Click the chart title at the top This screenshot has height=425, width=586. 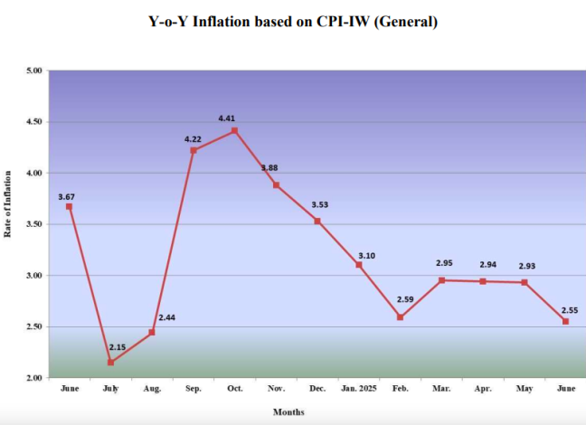(293, 22)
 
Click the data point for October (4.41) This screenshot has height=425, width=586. (235, 130)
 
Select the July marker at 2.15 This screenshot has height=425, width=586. (111, 362)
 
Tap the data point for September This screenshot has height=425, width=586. (194, 150)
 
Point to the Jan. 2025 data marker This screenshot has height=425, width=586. (359, 265)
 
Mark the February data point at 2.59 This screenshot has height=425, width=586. (400, 316)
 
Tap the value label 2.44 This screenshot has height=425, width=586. (168, 317)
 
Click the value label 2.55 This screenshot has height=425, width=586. (570, 310)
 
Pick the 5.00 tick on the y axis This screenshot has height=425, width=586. (34, 71)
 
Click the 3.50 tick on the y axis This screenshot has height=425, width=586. (34, 224)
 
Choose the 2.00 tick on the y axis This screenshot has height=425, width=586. (34, 378)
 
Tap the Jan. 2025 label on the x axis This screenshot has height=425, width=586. (359, 388)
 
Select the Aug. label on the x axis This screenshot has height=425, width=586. (152, 388)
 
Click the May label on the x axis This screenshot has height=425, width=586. (525, 388)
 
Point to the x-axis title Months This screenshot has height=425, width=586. (289, 412)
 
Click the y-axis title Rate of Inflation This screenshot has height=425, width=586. (9, 204)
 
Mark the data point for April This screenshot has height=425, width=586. (483, 281)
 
